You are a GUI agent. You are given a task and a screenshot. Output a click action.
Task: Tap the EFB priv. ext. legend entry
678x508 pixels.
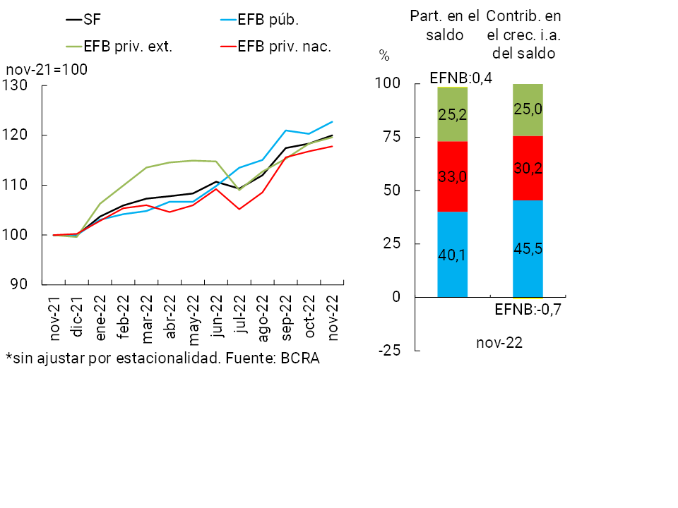(127, 47)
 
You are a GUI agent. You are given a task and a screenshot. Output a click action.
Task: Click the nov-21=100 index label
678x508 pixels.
(46, 71)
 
